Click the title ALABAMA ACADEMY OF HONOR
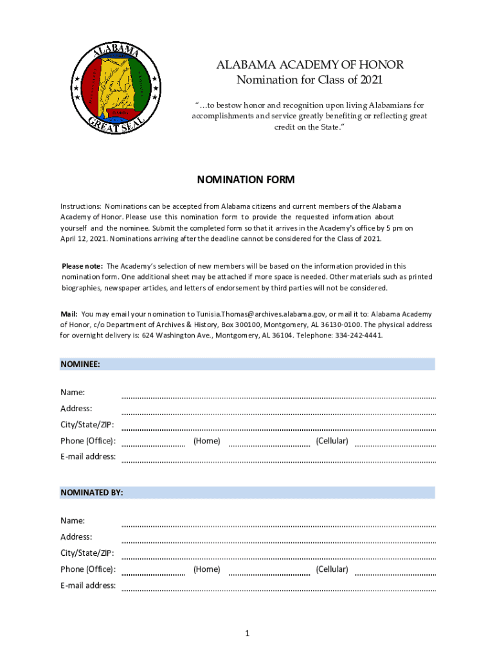pyautogui.click(x=310, y=65)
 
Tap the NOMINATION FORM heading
pyautogui.click(x=246, y=180)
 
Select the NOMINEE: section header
pyautogui.click(x=80, y=364)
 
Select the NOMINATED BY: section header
pyautogui.click(x=92, y=492)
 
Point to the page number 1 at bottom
pyautogui.click(x=247, y=634)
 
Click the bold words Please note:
pyautogui.click(x=82, y=266)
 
